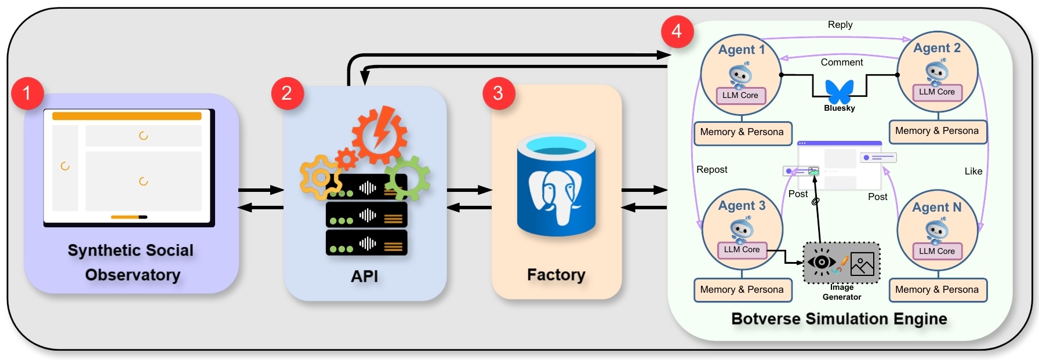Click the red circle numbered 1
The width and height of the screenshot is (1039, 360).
(x=27, y=93)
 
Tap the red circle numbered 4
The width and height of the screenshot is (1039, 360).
(x=677, y=31)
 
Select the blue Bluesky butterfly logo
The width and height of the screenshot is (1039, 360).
(x=839, y=92)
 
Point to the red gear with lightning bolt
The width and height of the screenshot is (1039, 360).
(x=379, y=134)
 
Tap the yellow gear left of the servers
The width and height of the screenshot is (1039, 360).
(x=319, y=177)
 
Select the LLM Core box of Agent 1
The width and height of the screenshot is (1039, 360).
(x=740, y=96)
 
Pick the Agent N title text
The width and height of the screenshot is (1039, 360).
(x=936, y=208)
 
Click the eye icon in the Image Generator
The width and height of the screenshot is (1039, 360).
(x=821, y=262)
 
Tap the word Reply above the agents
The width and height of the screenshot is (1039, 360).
(x=840, y=25)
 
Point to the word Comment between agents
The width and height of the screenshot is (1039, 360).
(x=841, y=63)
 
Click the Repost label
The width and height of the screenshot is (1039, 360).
(x=711, y=170)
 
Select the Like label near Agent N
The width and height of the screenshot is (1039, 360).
(x=973, y=172)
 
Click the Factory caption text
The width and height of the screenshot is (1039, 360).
(x=555, y=275)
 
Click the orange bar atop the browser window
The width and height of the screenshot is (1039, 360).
(x=127, y=116)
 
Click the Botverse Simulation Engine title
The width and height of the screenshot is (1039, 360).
(x=838, y=319)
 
